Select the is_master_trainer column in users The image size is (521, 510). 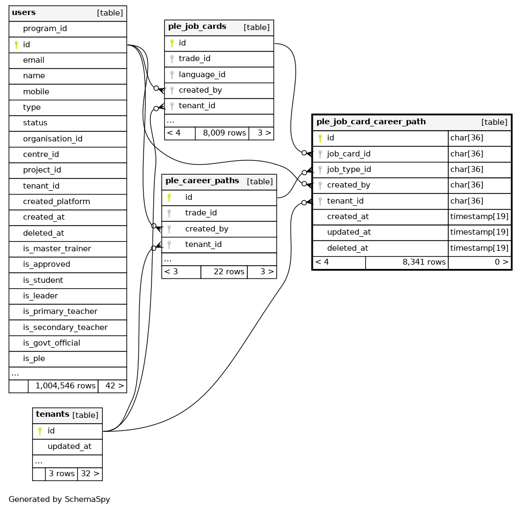pyautogui.click(x=57, y=249)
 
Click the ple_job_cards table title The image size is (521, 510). pyautogui.click(x=197, y=26)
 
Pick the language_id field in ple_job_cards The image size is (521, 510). pyautogui.click(x=203, y=74)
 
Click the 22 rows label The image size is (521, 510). pyautogui.click(x=229, y=272)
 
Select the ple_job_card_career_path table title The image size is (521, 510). pyautogui.click(x=371, y=122)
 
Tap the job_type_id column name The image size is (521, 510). pyautogui.click(x=349, y=169)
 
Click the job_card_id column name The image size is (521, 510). pyautogui.click(x=349, y=154)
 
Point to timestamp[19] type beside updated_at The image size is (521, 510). pyautogui.click(x=479, y=232)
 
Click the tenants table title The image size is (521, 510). pyautogui.click(x=52, y=414)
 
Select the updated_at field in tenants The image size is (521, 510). pyautogui.click(x=69, y=446)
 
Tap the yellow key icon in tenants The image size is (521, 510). pyautogui.click(x=39, y=431)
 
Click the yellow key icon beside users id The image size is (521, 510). pyautogui.click(x=16, y=44)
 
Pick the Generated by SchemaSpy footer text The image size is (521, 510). pyautogui.click(x=59, y=499)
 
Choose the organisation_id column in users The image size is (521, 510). pyautogui.click(x=52, y=139)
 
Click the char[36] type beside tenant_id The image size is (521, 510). pyautogui.click(x=466, y=201)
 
